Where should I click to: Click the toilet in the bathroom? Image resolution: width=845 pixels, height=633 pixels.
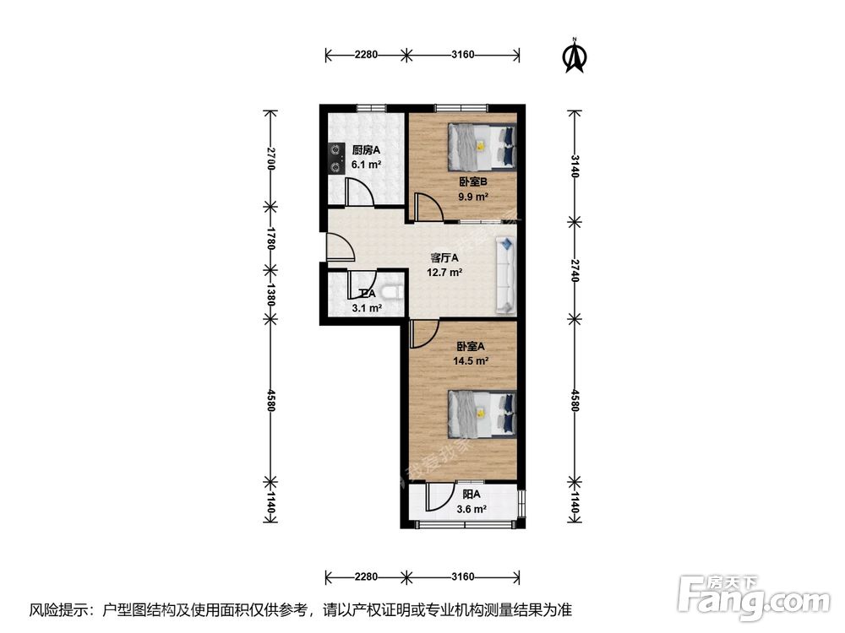point(391,292)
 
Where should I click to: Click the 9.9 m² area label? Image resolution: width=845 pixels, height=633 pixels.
point(474,197)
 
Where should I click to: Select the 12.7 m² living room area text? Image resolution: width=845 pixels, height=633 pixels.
point(444,273)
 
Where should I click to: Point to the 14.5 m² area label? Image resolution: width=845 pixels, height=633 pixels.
point(472,360)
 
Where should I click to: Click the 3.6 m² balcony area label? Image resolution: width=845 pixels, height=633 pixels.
point(472,509)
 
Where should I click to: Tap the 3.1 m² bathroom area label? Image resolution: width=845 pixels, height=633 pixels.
point(365,308)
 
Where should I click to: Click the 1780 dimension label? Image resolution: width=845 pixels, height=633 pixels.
point(270,237)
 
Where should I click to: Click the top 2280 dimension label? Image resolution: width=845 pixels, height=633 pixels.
point(366,56)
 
